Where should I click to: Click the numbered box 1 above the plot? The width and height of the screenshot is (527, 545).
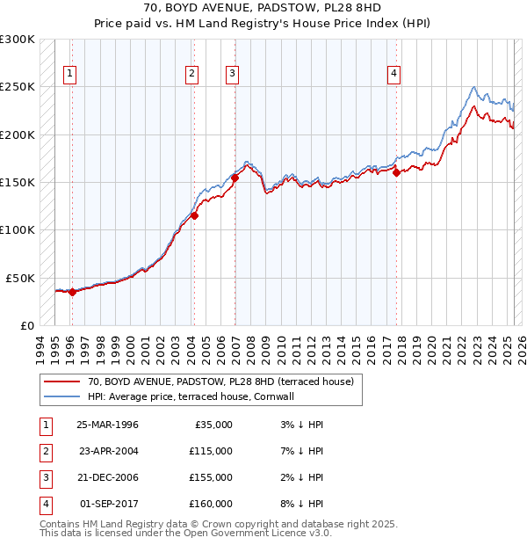click(x=69, y=74)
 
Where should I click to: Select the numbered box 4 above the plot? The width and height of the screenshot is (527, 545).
click(x=394, y=74)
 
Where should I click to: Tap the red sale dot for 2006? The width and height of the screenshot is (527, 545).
click(x=235, y=178)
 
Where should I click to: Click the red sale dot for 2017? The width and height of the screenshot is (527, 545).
click(x=397, y=172)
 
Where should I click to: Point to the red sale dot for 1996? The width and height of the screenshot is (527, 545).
click(x=72, y=293)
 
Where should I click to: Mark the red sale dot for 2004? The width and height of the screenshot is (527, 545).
click(x=195, y=215)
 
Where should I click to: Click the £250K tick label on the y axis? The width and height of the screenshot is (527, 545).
click(x=18, y=87)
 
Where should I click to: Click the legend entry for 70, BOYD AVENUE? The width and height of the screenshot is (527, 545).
click(x=220, y=381)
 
